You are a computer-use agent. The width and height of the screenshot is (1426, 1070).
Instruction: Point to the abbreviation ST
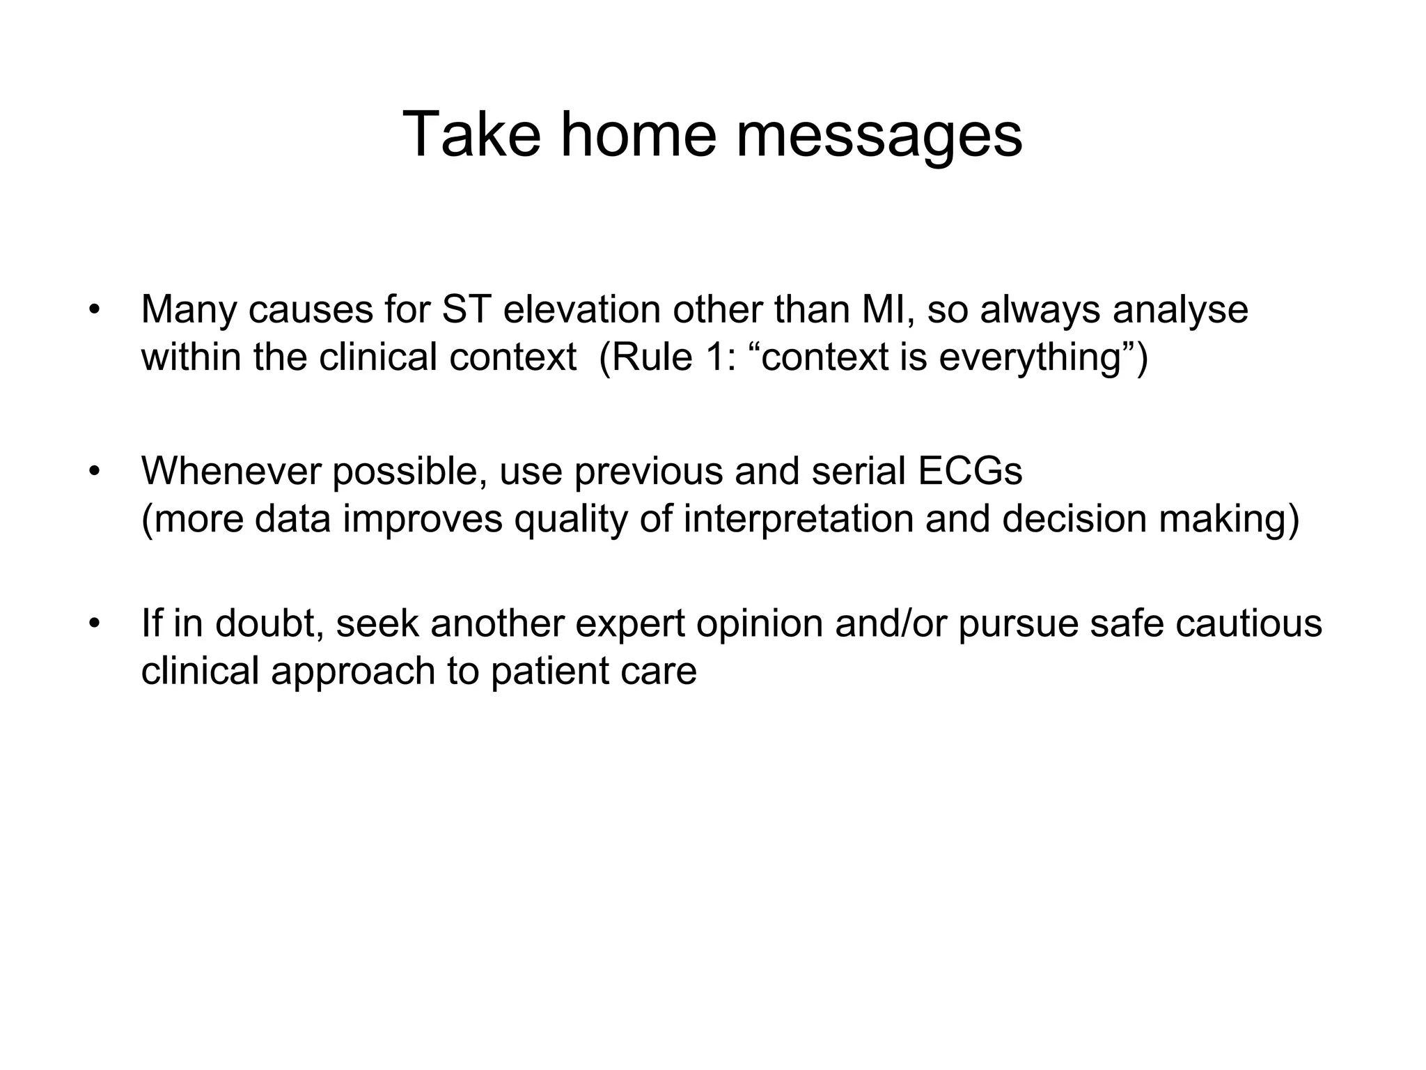tap(466, 309)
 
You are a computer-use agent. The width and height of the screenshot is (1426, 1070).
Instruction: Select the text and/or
tap(891, 623)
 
